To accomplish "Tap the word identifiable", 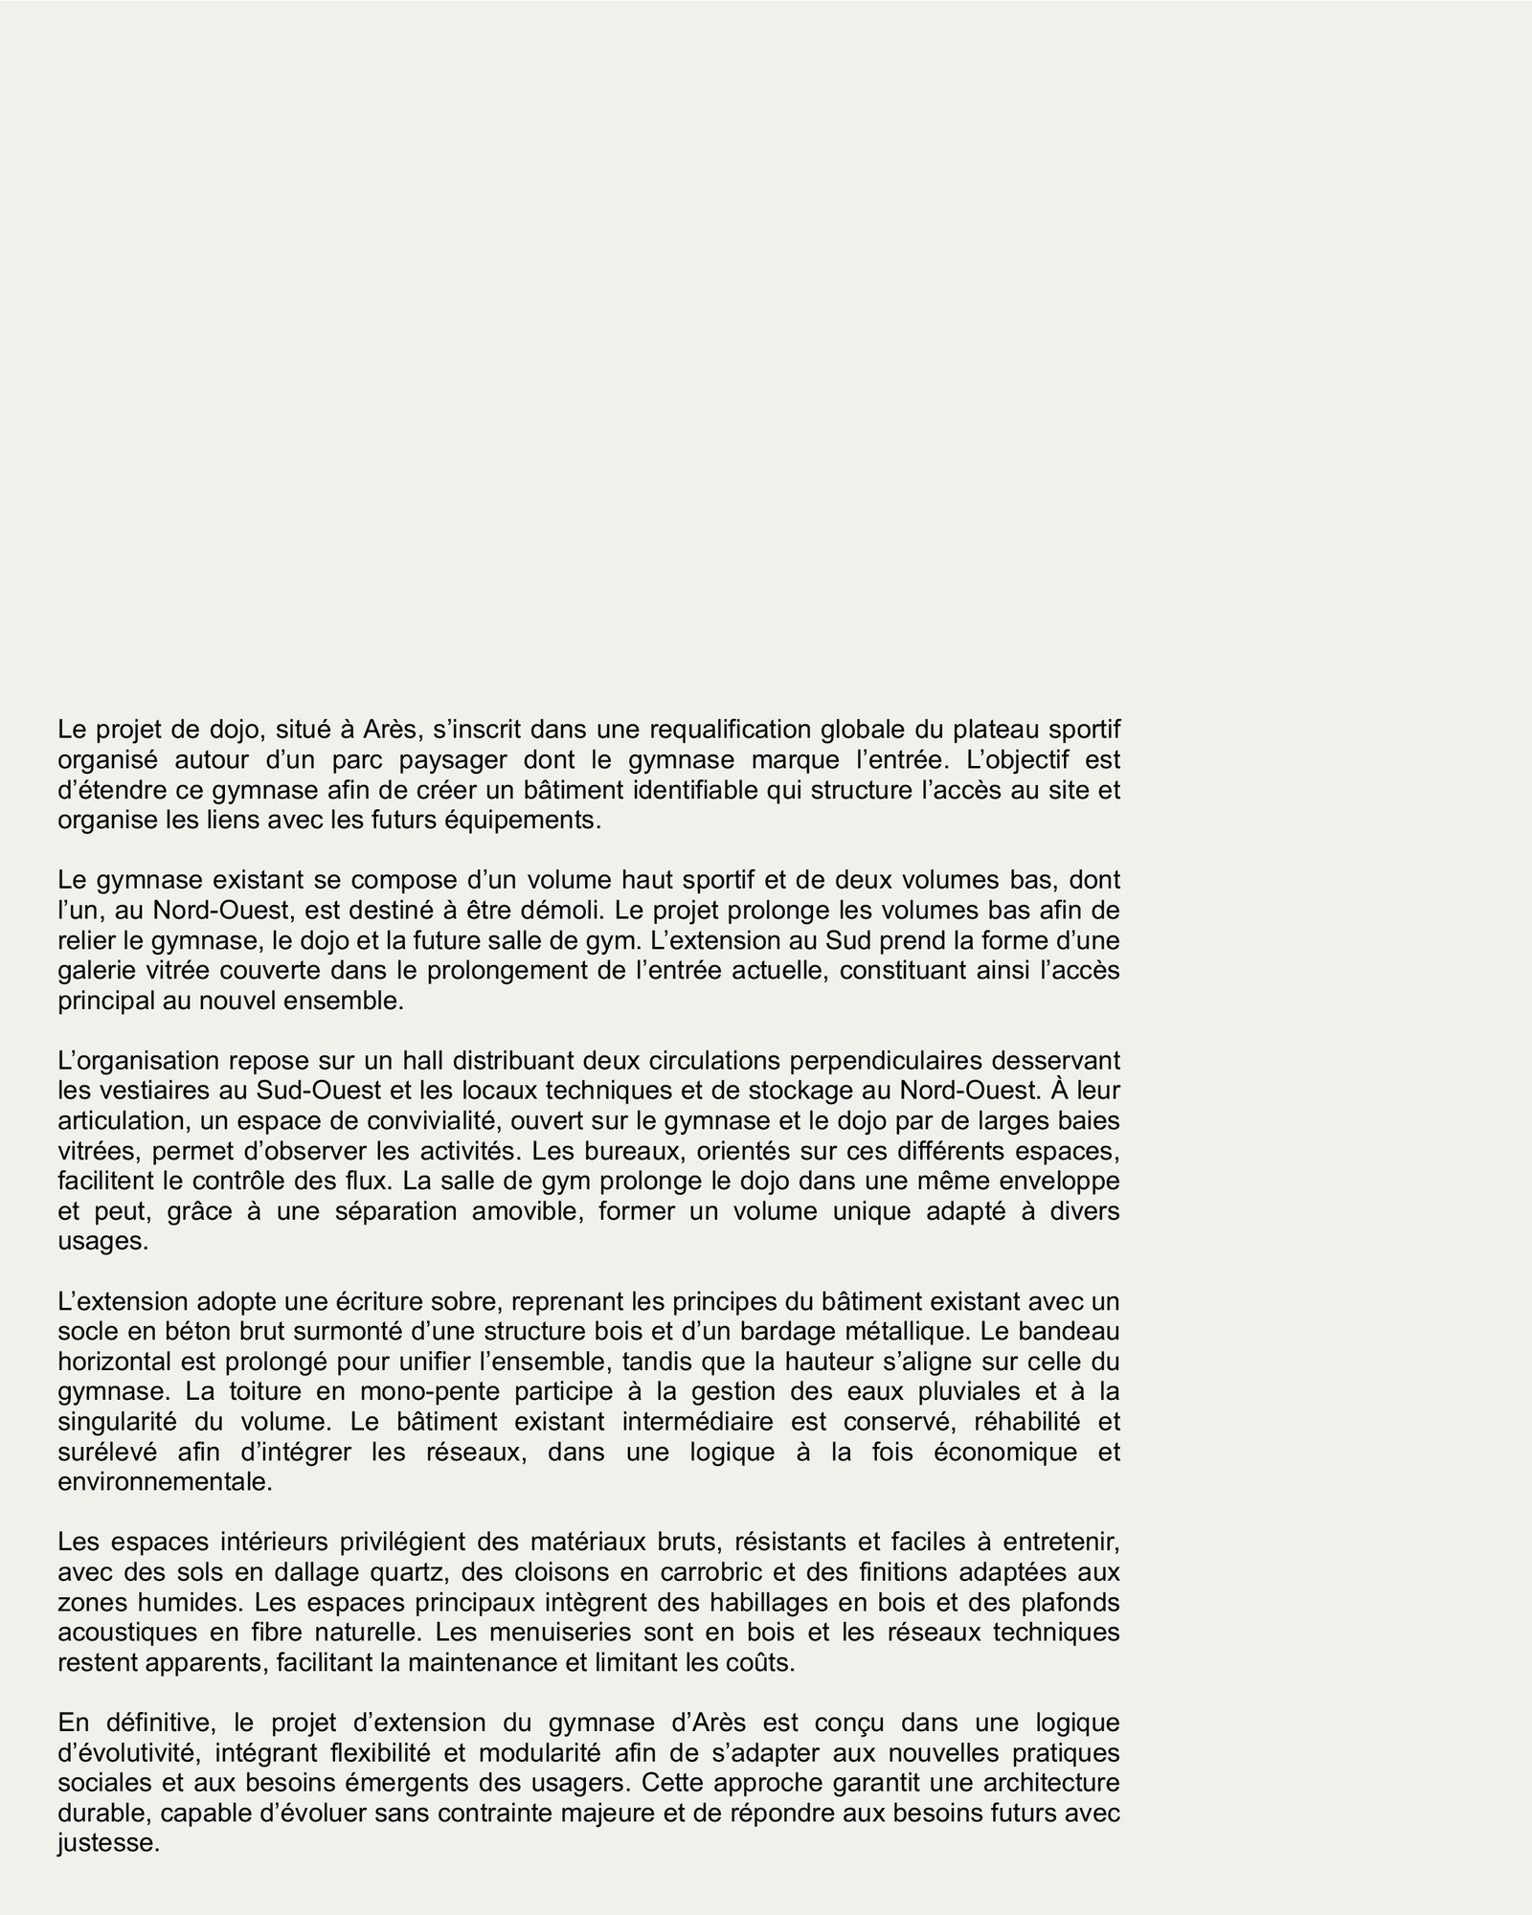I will pos(645,791).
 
